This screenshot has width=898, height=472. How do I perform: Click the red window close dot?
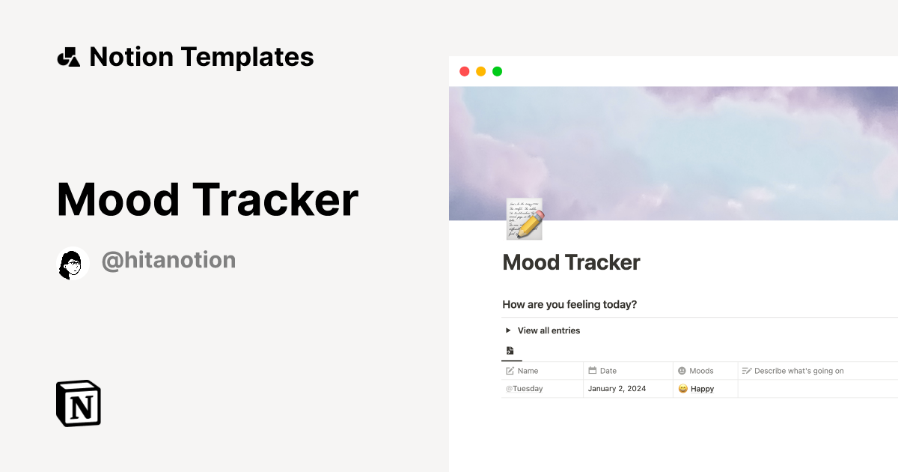(x=464, y=71)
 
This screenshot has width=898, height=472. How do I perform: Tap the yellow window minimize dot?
(x=480, y=71)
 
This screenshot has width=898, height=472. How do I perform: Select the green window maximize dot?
(x=497, y=71)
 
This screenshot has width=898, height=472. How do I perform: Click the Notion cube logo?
(x=79, y=403)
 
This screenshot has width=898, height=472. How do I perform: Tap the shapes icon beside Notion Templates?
(x=69, y=57)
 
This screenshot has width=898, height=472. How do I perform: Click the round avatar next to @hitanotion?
(x=73, y=263)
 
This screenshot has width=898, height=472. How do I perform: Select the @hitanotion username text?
(x=168, y=260)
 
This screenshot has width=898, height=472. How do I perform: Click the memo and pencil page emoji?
(x=524, y=220)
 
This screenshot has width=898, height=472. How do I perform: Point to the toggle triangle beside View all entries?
(x=508, y=330)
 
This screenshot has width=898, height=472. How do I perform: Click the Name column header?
(x=528, y=371)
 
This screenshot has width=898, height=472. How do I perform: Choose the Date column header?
(x=608, y=371)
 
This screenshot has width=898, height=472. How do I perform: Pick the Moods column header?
(x=701, y=371)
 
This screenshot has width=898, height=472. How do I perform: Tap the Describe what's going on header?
(x=798, y=371)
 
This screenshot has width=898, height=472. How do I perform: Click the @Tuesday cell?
(x=524, y=389)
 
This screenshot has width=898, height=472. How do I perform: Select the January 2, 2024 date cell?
(x=617, y=389)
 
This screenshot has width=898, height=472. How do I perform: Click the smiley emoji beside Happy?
(x=682, y=389)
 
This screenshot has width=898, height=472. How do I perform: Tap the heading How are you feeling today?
(x=569, y=304)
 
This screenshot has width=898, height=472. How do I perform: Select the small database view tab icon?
(x=510, y=351)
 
